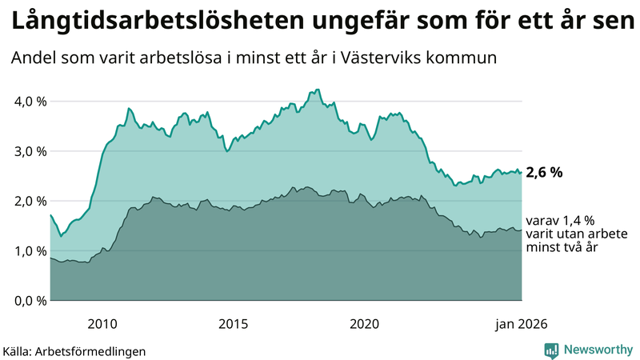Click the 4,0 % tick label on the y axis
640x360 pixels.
pyautogui.click(x=29, y=102)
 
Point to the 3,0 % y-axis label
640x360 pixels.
pyautogui.click(x=29, y=151)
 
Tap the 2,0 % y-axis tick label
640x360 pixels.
pyautogui.click(x=29, y=201)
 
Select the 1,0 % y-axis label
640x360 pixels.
pyautogui.click(x=29, y=250)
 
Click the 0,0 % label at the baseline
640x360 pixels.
pyautogui.click(x=29, y=301)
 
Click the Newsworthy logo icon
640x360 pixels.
pyautogui.click(x=551, y=350)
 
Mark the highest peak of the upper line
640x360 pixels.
pyautogui.click(x=318, y=90)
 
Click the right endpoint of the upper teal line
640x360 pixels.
pyautogui.click(x=522, y=172)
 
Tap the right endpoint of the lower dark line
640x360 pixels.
pyautogui.click(x=522, y=230)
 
